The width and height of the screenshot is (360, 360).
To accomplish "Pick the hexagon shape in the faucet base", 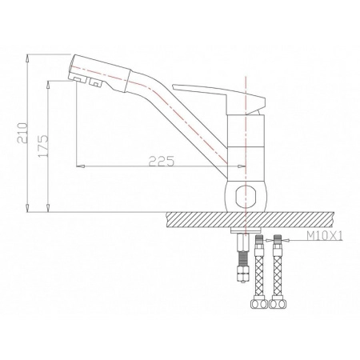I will [x=247, y=195].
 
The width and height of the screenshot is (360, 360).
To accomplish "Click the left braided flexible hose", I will [x=258, y=272].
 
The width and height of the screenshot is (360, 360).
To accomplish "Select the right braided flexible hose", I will [x=278, y=272].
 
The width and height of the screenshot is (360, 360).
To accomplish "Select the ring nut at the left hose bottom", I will [x=258, y=304].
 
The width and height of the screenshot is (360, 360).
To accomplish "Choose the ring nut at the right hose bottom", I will [x=278, y=304].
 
